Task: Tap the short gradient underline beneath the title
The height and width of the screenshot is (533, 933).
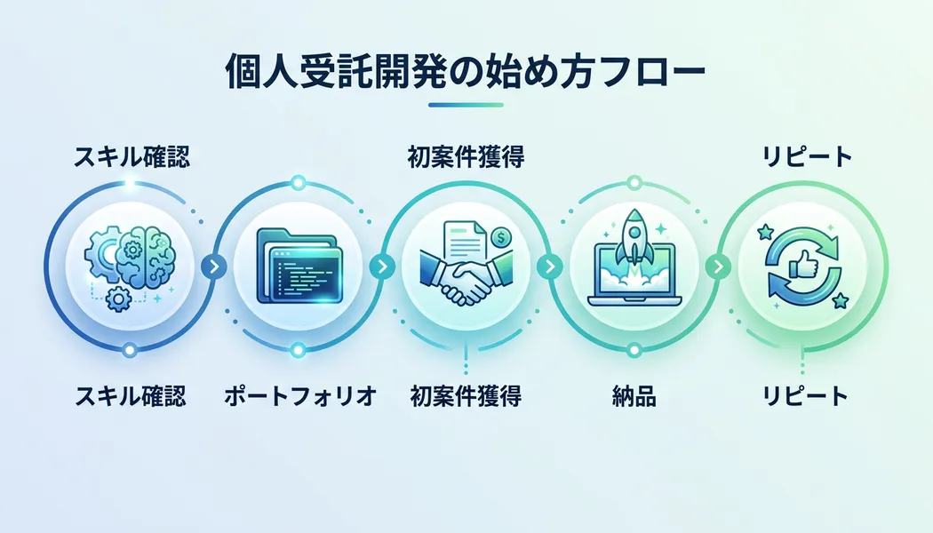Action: pos(466,106)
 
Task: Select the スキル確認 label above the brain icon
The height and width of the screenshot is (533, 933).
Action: pos(131,159)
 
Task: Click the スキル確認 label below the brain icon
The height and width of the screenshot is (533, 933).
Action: pos(131,396)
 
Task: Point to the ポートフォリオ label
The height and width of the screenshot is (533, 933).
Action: pos(299,396)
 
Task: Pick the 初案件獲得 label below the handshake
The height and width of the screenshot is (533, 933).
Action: pos(466,396)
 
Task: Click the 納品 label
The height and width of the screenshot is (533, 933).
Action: pos(634,396)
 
